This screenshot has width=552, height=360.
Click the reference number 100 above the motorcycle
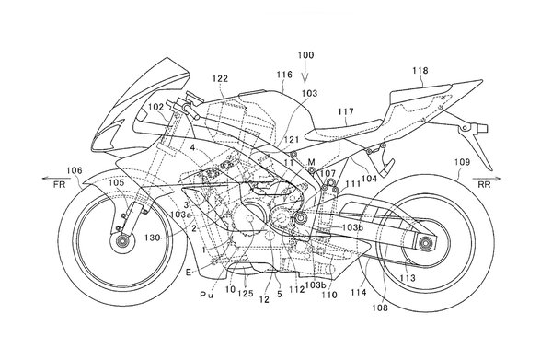coord(305,55)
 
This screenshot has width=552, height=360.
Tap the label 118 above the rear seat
coord(420,71)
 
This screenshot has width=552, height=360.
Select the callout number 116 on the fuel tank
coord(284,75)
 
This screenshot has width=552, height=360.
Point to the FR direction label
coord(60,184)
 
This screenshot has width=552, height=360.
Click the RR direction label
coord(484,184)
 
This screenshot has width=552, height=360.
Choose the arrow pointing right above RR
coord(487,179)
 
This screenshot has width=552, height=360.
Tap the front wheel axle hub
coord(122,242)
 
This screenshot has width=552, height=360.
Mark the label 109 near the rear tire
coord(462,162)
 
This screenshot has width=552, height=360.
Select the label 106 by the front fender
coord(75,171)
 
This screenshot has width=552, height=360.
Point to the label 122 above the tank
coord(220,78)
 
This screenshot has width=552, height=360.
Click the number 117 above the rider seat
coord(346,112)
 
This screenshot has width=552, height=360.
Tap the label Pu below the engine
coord(207,296)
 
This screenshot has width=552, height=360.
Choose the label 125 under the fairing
coord(246,294)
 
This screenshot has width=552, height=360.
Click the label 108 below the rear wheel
coord(380,308)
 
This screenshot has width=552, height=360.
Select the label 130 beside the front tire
coord(153,238)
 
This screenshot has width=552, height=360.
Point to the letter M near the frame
coord(311,162)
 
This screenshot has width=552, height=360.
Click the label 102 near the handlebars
coord(155,107)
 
